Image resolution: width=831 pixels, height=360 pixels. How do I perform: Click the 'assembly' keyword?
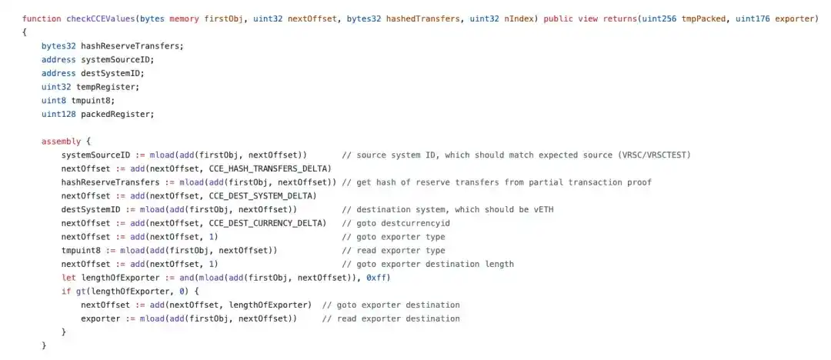pos(61,142)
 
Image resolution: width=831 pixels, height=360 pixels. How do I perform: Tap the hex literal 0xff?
pos(375,278)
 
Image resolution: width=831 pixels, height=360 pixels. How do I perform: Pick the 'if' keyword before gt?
pos(65,292)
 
